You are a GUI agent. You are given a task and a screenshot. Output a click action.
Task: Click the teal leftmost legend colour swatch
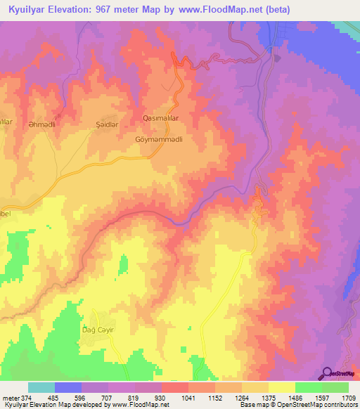(x=41, y=387)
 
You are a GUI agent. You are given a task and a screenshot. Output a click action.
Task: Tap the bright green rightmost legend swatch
(x=335, y=387)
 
